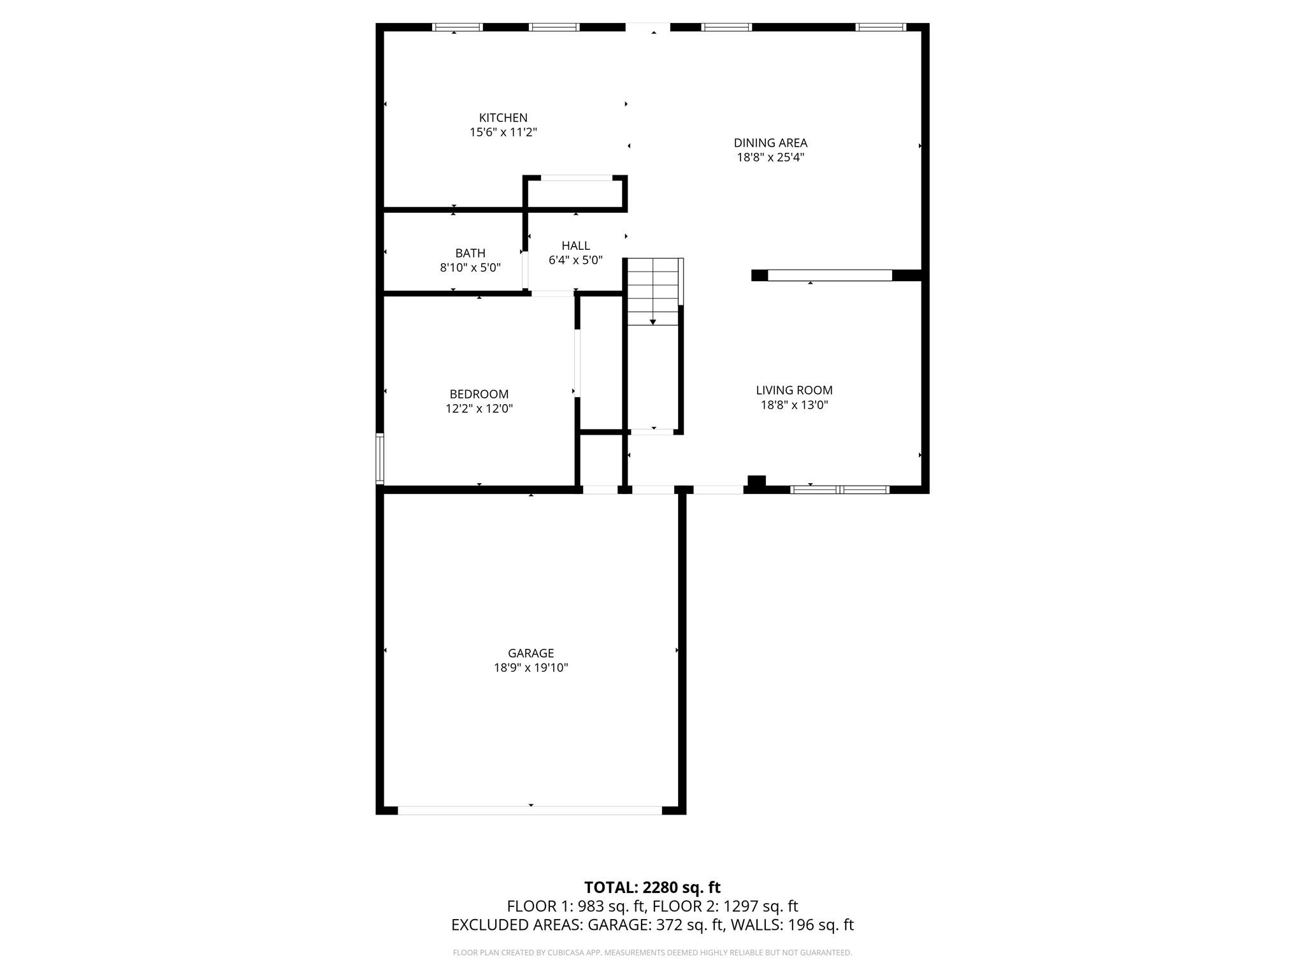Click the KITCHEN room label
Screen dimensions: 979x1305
tap(503, 118)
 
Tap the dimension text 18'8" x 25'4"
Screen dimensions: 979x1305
tap(770, 157)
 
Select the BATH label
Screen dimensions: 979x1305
tap(470, 253)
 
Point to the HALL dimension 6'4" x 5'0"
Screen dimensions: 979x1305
tap(575, 260)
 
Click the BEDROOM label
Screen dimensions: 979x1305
tap(479, 394)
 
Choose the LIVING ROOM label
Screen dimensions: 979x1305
tap(794, 390)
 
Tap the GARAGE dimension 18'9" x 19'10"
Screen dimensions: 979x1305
tap(531, 668)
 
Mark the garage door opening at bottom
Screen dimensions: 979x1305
tap(530, 810)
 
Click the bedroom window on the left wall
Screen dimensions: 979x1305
tap(380, 458)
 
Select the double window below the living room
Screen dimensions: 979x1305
tap(839, 489)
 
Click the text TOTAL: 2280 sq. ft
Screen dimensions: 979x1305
tap(652, 887)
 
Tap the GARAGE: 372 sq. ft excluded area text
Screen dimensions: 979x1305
tap(656, 925)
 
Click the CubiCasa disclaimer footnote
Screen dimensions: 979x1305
tap(652, 953)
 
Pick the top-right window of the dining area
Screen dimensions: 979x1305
tap(880, 27)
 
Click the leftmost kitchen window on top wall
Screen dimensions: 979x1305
tap(457, 27)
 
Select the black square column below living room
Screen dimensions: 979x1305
tap(756, 482)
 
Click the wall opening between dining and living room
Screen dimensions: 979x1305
tap(829, 275)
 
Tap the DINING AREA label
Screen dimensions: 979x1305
tap(770, 143)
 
